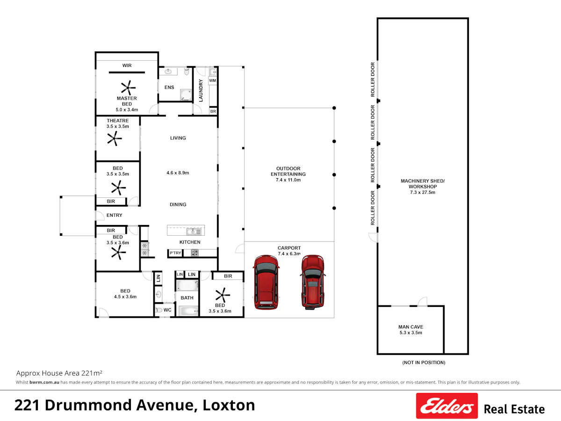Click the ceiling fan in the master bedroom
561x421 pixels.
128,87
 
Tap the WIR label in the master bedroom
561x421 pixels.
127,65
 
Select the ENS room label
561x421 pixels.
169,87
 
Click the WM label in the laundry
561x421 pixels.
213,80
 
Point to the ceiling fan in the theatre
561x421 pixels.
114,138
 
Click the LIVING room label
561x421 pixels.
178,138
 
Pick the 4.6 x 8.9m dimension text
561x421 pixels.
178,173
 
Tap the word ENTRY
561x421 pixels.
114,215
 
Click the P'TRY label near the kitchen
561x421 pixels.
175,253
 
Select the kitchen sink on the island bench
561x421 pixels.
194,232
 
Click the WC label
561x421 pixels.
167,310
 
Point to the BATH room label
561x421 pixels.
187,298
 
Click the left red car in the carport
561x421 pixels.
266,282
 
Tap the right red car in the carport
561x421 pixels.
313,282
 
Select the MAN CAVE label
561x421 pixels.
411,327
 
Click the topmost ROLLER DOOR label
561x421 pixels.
373,80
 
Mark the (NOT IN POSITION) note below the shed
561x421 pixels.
424,363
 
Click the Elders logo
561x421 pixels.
447,406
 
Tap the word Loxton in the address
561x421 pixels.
229,405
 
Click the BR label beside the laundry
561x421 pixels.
213,111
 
